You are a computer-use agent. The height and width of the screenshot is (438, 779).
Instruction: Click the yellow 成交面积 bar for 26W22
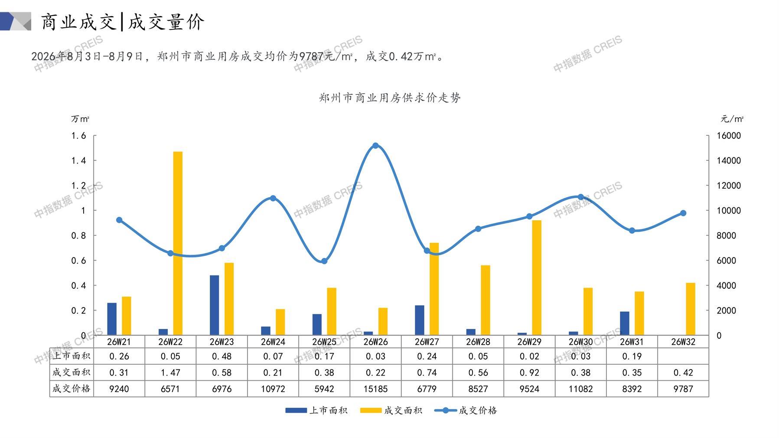click(178, 243)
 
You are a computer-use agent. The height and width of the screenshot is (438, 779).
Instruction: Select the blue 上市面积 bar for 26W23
click(214, 305)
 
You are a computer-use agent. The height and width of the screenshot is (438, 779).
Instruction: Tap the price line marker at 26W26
click(375, 146)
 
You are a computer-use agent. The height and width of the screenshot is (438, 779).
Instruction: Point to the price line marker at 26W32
click(683, 213)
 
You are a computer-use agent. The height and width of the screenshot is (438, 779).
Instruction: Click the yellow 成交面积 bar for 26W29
click(537, 278)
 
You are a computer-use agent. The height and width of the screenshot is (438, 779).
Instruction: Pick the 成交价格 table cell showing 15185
click(375, 389)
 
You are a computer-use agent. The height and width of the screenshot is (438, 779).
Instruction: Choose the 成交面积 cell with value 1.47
click(170, 373)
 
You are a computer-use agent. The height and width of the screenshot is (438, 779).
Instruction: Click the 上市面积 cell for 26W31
click(632, 356)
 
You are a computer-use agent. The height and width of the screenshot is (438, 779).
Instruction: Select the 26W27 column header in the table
click(427, 342)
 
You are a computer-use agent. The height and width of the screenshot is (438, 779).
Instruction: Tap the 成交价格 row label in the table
click(72, 389)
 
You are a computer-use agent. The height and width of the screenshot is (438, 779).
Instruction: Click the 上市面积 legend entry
click(316, 410)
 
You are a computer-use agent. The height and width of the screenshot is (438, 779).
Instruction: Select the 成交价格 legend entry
click(466, 410)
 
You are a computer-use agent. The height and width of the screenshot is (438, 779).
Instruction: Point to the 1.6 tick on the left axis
click(78, 136)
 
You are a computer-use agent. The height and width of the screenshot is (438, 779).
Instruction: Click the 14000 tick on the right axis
click(729, 160)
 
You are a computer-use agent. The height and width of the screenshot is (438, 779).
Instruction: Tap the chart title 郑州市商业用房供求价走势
click(390, 98)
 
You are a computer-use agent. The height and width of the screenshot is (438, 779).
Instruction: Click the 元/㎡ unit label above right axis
click(732, 119)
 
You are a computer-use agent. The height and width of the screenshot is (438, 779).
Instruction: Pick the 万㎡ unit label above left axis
click(80, 119)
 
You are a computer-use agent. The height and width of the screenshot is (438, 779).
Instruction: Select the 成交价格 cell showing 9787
click(683, 389)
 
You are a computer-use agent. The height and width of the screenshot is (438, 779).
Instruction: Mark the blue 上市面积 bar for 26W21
click(112, 319)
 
